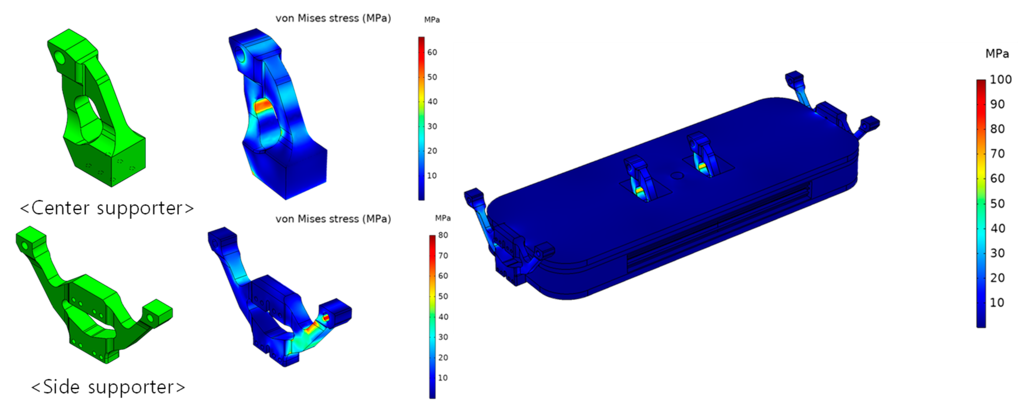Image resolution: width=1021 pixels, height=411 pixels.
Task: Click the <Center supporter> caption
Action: [107, 208]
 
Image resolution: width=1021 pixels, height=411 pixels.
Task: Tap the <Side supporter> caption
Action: [108, 387]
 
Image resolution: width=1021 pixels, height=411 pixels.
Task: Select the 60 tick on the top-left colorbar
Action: [432, 52]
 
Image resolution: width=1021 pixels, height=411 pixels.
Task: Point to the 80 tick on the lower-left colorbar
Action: [443, 235]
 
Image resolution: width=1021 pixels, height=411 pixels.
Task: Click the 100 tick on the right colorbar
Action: [1000, 79]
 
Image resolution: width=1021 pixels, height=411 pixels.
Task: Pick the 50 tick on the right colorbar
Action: [997, 204]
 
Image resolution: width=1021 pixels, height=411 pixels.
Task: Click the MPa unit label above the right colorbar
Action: [997, 54]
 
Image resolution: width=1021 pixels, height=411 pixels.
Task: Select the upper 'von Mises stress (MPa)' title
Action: [333, 18]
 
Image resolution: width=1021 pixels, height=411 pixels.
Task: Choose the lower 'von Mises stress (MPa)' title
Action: [333, 219]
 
